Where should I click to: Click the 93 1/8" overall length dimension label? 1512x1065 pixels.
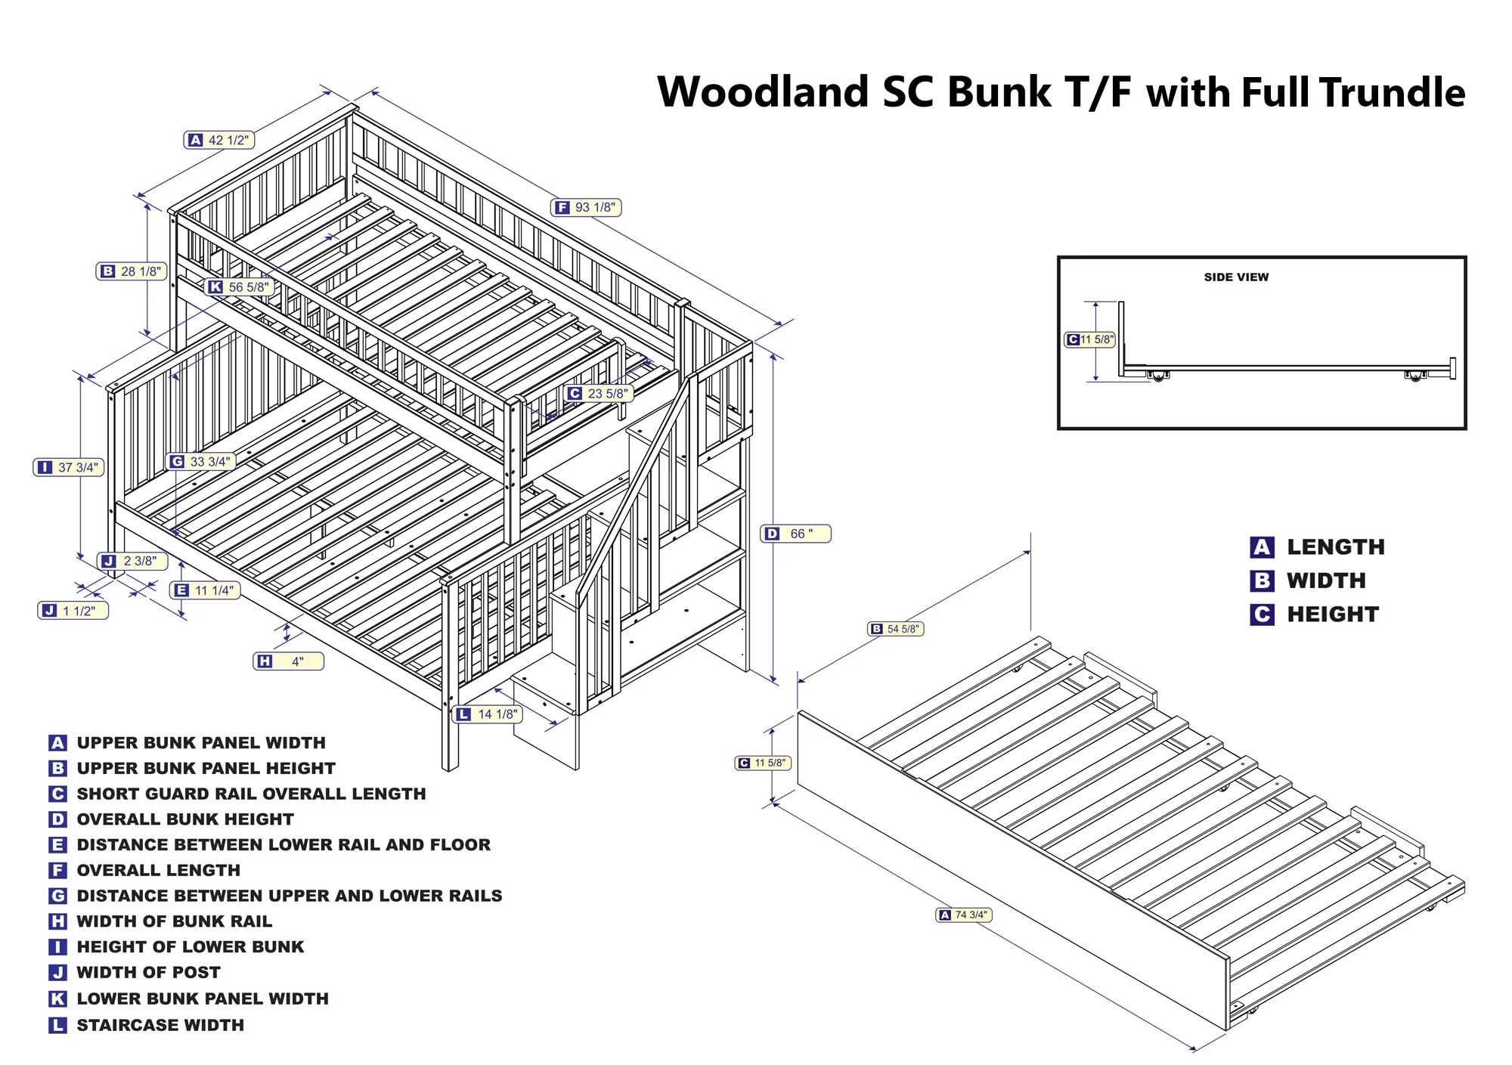click(587, 207)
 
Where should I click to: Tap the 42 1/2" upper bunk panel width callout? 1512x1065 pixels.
click(219, 140)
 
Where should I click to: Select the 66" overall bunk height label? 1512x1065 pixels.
click(795, 534)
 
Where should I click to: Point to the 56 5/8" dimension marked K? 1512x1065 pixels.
click(239, 287)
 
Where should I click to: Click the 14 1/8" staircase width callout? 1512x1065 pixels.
click(488, 714)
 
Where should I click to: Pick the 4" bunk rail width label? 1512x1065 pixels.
click(289, 661)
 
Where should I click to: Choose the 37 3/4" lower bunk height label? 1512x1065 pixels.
click(69, 467)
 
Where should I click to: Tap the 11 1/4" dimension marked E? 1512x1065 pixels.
click(205, 590)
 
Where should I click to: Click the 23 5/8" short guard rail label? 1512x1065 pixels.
click(598, 393)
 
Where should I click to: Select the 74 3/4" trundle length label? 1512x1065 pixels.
click(964, 915)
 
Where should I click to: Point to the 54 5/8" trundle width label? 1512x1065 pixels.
click(896, 629)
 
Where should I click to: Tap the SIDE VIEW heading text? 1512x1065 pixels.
click(1236, 277)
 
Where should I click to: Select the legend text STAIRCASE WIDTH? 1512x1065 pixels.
click(160, 1025)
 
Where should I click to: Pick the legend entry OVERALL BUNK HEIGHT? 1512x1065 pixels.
click(185, 819)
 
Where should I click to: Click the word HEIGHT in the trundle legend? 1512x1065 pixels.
click(1333, 615)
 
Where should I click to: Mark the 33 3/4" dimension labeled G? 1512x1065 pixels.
click(200, 461)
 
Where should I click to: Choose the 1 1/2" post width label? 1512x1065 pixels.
click(73, 611)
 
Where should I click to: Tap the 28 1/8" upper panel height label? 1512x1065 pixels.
click(132, 271)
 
